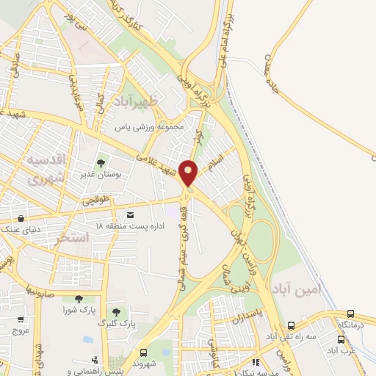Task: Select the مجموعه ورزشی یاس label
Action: [154, 126]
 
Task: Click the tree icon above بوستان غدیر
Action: [101, 163]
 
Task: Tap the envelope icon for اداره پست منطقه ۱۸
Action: [131, 214]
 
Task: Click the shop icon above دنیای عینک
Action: [21, 218]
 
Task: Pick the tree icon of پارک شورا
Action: [79, 298]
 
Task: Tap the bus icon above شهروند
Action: [145, 352]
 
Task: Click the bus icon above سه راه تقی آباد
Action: [292, 325]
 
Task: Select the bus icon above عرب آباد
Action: [341, 339]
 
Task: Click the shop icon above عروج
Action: [21, 319]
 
